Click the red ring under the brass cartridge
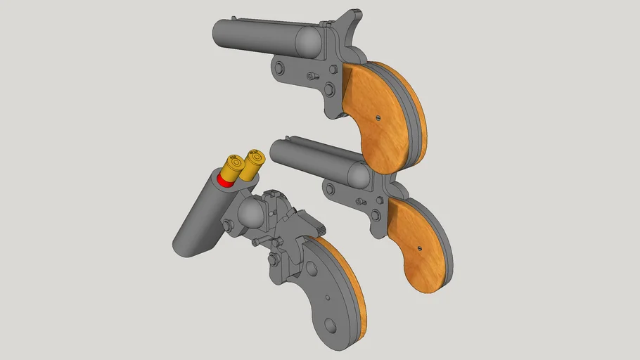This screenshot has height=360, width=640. click(x=225, y=181)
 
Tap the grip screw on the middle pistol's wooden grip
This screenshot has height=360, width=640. click(x=421, y=246)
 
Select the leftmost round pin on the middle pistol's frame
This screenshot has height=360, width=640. click(x=328, y=188)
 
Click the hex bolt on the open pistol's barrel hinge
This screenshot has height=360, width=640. click(x=229, y=225)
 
